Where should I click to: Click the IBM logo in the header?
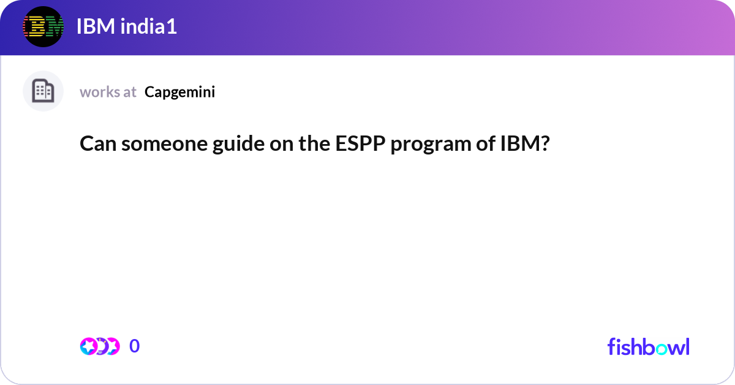tap(43, 26)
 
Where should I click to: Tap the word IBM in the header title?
tap(96, 26)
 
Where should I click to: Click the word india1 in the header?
tap(149, 26)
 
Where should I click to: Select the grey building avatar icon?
tap(43, 91)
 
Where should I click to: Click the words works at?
tap(108, 92)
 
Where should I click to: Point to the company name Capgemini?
tap(180, 93)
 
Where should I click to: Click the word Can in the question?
tap(98, 144)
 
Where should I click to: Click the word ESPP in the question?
tap(360, 143)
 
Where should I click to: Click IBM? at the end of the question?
tap(525, 143)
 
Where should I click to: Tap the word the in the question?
tap(314, 143)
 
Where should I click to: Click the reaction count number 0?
tap(135, 346)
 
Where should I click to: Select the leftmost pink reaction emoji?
tap(88, 346)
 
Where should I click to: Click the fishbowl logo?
tap(649, 346)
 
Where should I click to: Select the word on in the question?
tap(282, 145)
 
